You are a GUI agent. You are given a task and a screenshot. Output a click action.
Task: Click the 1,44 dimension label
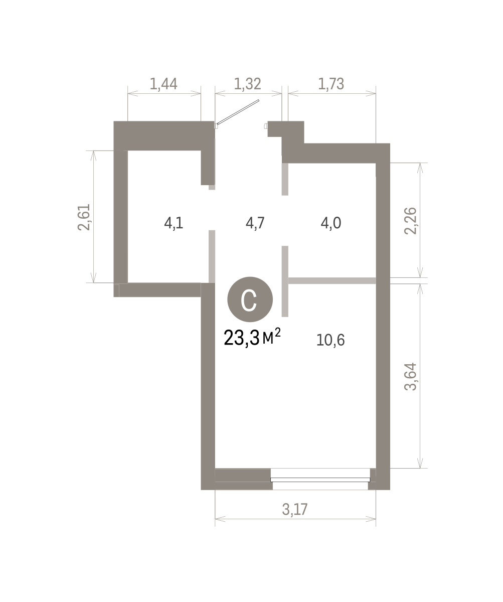click(x=163, y=84)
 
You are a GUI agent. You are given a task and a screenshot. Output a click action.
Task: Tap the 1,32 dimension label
click(x=247, y=84)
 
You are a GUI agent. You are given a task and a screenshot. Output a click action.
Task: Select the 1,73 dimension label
click(x=331, y=84)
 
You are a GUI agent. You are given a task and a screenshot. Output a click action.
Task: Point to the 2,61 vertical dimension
click(x=84, y=217)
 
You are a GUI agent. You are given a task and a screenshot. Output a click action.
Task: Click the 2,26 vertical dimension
click(x=411, y=221)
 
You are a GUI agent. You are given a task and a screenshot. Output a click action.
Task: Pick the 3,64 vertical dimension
click(x=411, y=377)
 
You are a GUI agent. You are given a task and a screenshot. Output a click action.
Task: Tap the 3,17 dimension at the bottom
click(x=295, y=509)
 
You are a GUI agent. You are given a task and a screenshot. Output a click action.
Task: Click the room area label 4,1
click(x=174, y=223)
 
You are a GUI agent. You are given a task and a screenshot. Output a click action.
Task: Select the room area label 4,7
click(x=255, y=223)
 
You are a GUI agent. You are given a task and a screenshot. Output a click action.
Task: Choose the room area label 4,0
click(x=331, y=223)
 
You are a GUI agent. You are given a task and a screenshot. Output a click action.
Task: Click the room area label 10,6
click(x=330, y=340)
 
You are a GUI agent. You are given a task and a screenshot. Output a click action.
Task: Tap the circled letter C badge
click(x=250, y=299)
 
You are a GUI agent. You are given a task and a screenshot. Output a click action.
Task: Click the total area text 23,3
click(x=242, y=338)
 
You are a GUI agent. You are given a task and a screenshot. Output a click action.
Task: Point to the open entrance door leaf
click(x=238, y=112)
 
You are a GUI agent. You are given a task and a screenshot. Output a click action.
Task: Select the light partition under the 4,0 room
click(x=332, y=280)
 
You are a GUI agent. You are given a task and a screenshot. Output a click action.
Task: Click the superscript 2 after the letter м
click(x=278, y=333)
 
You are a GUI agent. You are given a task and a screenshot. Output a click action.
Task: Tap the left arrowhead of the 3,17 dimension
click(x=220, y=519)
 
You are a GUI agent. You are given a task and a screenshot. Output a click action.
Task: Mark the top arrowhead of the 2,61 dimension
click(x=93, y=156)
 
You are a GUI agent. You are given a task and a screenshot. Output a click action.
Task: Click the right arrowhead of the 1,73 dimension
click(x=371, y=93)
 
